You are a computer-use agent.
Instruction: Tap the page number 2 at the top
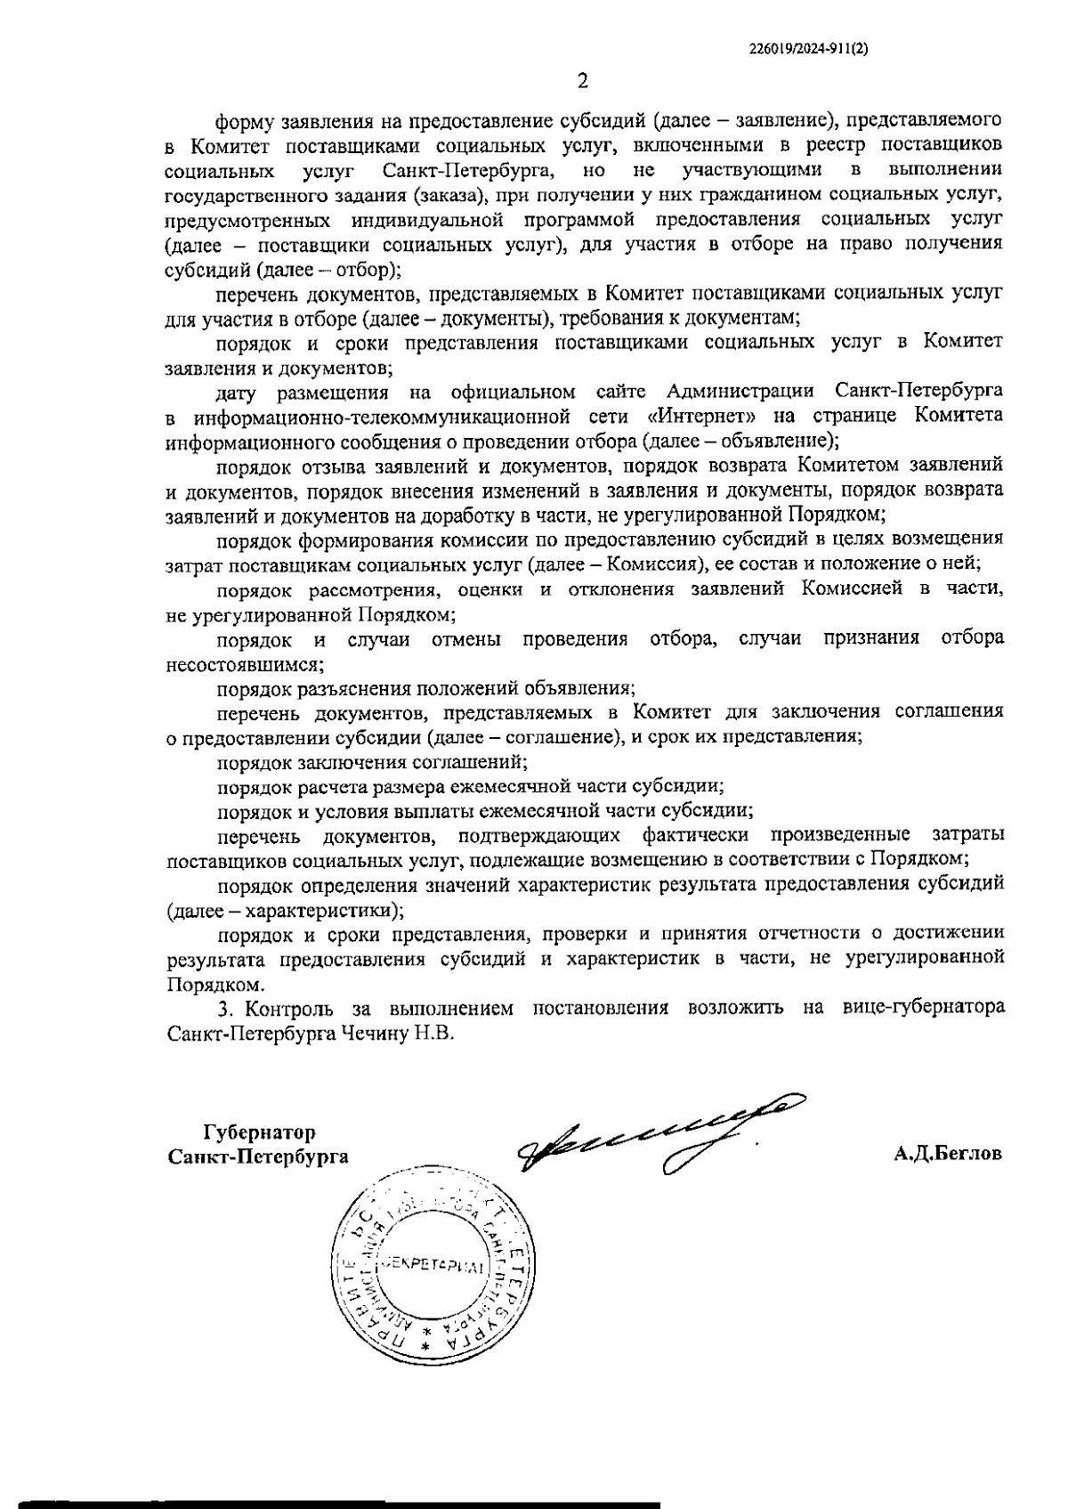(583, 83)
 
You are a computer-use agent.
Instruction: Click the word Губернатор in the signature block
(260, 1133)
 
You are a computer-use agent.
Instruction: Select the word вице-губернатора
(921, 1009)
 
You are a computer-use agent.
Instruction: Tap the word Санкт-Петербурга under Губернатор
(258, 1156)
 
